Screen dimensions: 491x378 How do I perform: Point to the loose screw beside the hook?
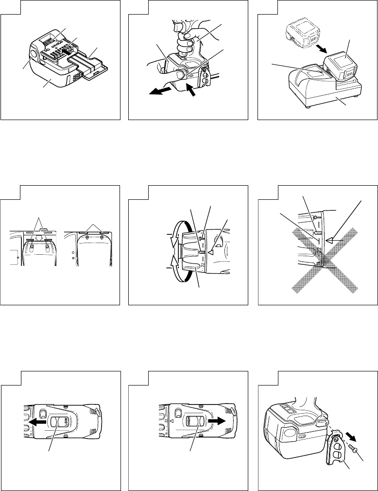[x=354, y=445]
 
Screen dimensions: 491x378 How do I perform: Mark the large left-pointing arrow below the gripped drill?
[x=160, y=92]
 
